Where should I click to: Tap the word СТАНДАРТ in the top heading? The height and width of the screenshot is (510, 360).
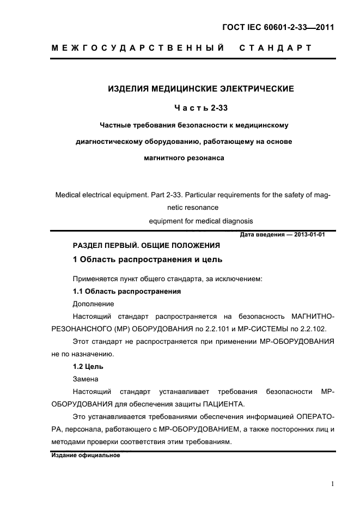pyautogui.click(x=275, y=48)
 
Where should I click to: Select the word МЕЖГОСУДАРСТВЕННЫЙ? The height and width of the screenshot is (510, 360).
pyautogui.click(x=138, y=48)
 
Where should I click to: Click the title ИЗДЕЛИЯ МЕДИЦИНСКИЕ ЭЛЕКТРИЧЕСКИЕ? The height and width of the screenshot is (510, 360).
pyautogui.click(x=200, y=88)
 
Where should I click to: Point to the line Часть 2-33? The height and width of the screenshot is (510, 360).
pyautogui.click(x=201, y=107)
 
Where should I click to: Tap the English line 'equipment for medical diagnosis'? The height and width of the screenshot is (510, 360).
pyautogui.click(x=201, y=221)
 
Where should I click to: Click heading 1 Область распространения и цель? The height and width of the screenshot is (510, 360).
pyautogui.click(x=148, y=259)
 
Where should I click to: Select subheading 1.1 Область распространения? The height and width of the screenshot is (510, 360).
pyautogui.click(x=126, y=292)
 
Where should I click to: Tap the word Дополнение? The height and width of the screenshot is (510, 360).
pyautogui.click(x=93, y=303)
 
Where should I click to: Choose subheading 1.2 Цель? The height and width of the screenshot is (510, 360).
pyautogui.click(x=88, y=366)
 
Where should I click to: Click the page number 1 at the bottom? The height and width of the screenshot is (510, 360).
pyautogui.click(x=332, y=483)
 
